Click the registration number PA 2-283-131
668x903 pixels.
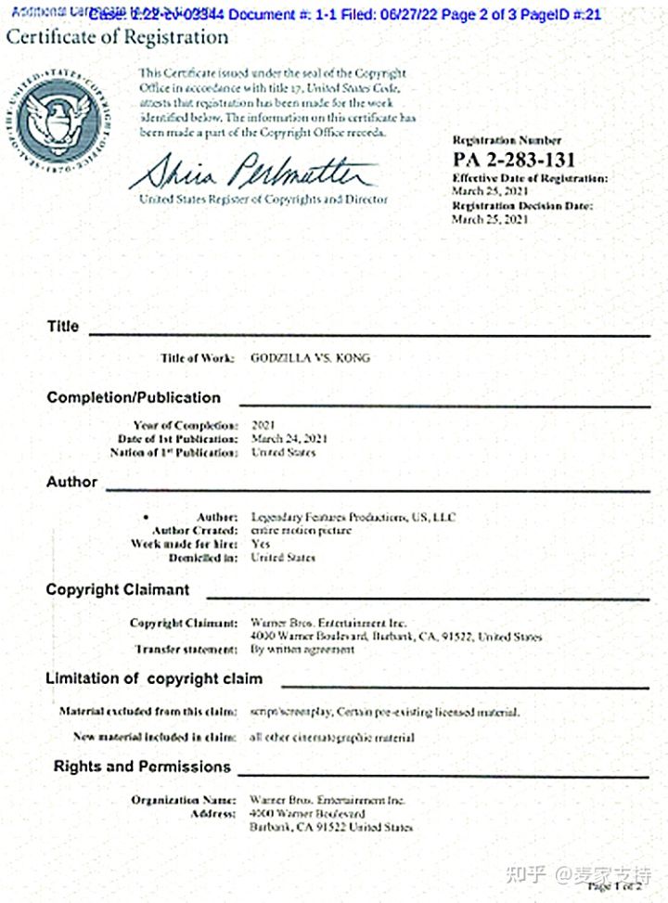[513, 159]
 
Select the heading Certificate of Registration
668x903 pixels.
[117, 37]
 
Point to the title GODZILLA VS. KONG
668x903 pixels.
[310, 357]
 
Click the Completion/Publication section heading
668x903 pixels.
[134, 397]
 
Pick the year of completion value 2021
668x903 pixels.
[263, 424]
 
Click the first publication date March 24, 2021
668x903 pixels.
[289, 438]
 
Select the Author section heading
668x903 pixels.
[71, 482]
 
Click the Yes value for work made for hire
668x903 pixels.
[261, 544]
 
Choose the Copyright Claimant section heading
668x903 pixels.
[118, 589]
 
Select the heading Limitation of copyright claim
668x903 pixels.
[154, 678]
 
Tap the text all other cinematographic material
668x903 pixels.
[332, 737]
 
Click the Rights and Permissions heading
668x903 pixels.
[142, 767]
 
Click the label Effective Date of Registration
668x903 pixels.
[530, 177]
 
